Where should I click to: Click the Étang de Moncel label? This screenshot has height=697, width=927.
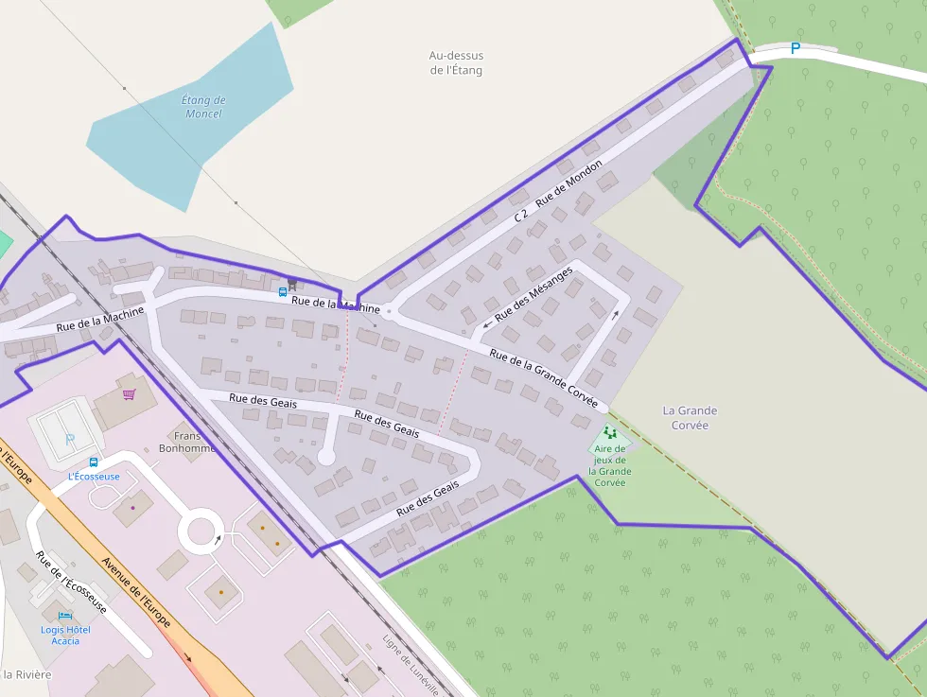pos(203,107)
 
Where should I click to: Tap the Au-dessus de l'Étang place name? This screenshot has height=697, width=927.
pos(456,62)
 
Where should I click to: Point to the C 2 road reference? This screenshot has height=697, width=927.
pos(521,216)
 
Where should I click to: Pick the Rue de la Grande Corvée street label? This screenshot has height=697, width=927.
pos(544,379)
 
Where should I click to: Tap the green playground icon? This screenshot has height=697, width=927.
pos(610,432)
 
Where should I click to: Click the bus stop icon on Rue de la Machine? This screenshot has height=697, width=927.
pos(282,291)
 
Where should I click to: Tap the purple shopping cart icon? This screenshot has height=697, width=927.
pos(129,393)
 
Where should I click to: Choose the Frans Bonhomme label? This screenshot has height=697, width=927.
pos(195,443)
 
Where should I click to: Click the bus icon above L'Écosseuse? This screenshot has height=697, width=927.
pos(93,462)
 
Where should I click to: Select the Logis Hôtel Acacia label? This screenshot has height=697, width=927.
pos(65,635)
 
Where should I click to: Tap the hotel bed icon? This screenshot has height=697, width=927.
pos(65,616)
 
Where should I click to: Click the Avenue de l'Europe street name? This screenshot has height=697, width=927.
pos(135,592)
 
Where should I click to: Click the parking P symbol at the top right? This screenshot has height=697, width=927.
pos(795,48)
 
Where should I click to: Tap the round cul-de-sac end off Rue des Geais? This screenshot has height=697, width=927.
pos(326,457)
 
